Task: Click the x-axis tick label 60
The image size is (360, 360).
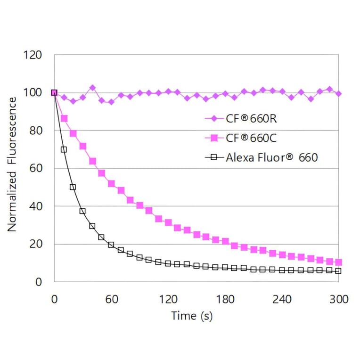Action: pos(111,300)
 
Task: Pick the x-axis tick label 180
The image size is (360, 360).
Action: pos(225,300)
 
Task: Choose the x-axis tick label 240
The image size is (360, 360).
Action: pos(282,300)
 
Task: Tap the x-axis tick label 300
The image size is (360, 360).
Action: pos(338,300)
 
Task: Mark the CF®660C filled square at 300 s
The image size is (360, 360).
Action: pos(338,262)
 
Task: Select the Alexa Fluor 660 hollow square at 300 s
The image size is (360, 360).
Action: pos(338,271)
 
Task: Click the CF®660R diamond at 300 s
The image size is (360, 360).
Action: pos(338,94)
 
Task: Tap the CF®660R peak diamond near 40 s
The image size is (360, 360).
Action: pos(92,88)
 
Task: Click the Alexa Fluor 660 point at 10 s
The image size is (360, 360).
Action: pos(64,149)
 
